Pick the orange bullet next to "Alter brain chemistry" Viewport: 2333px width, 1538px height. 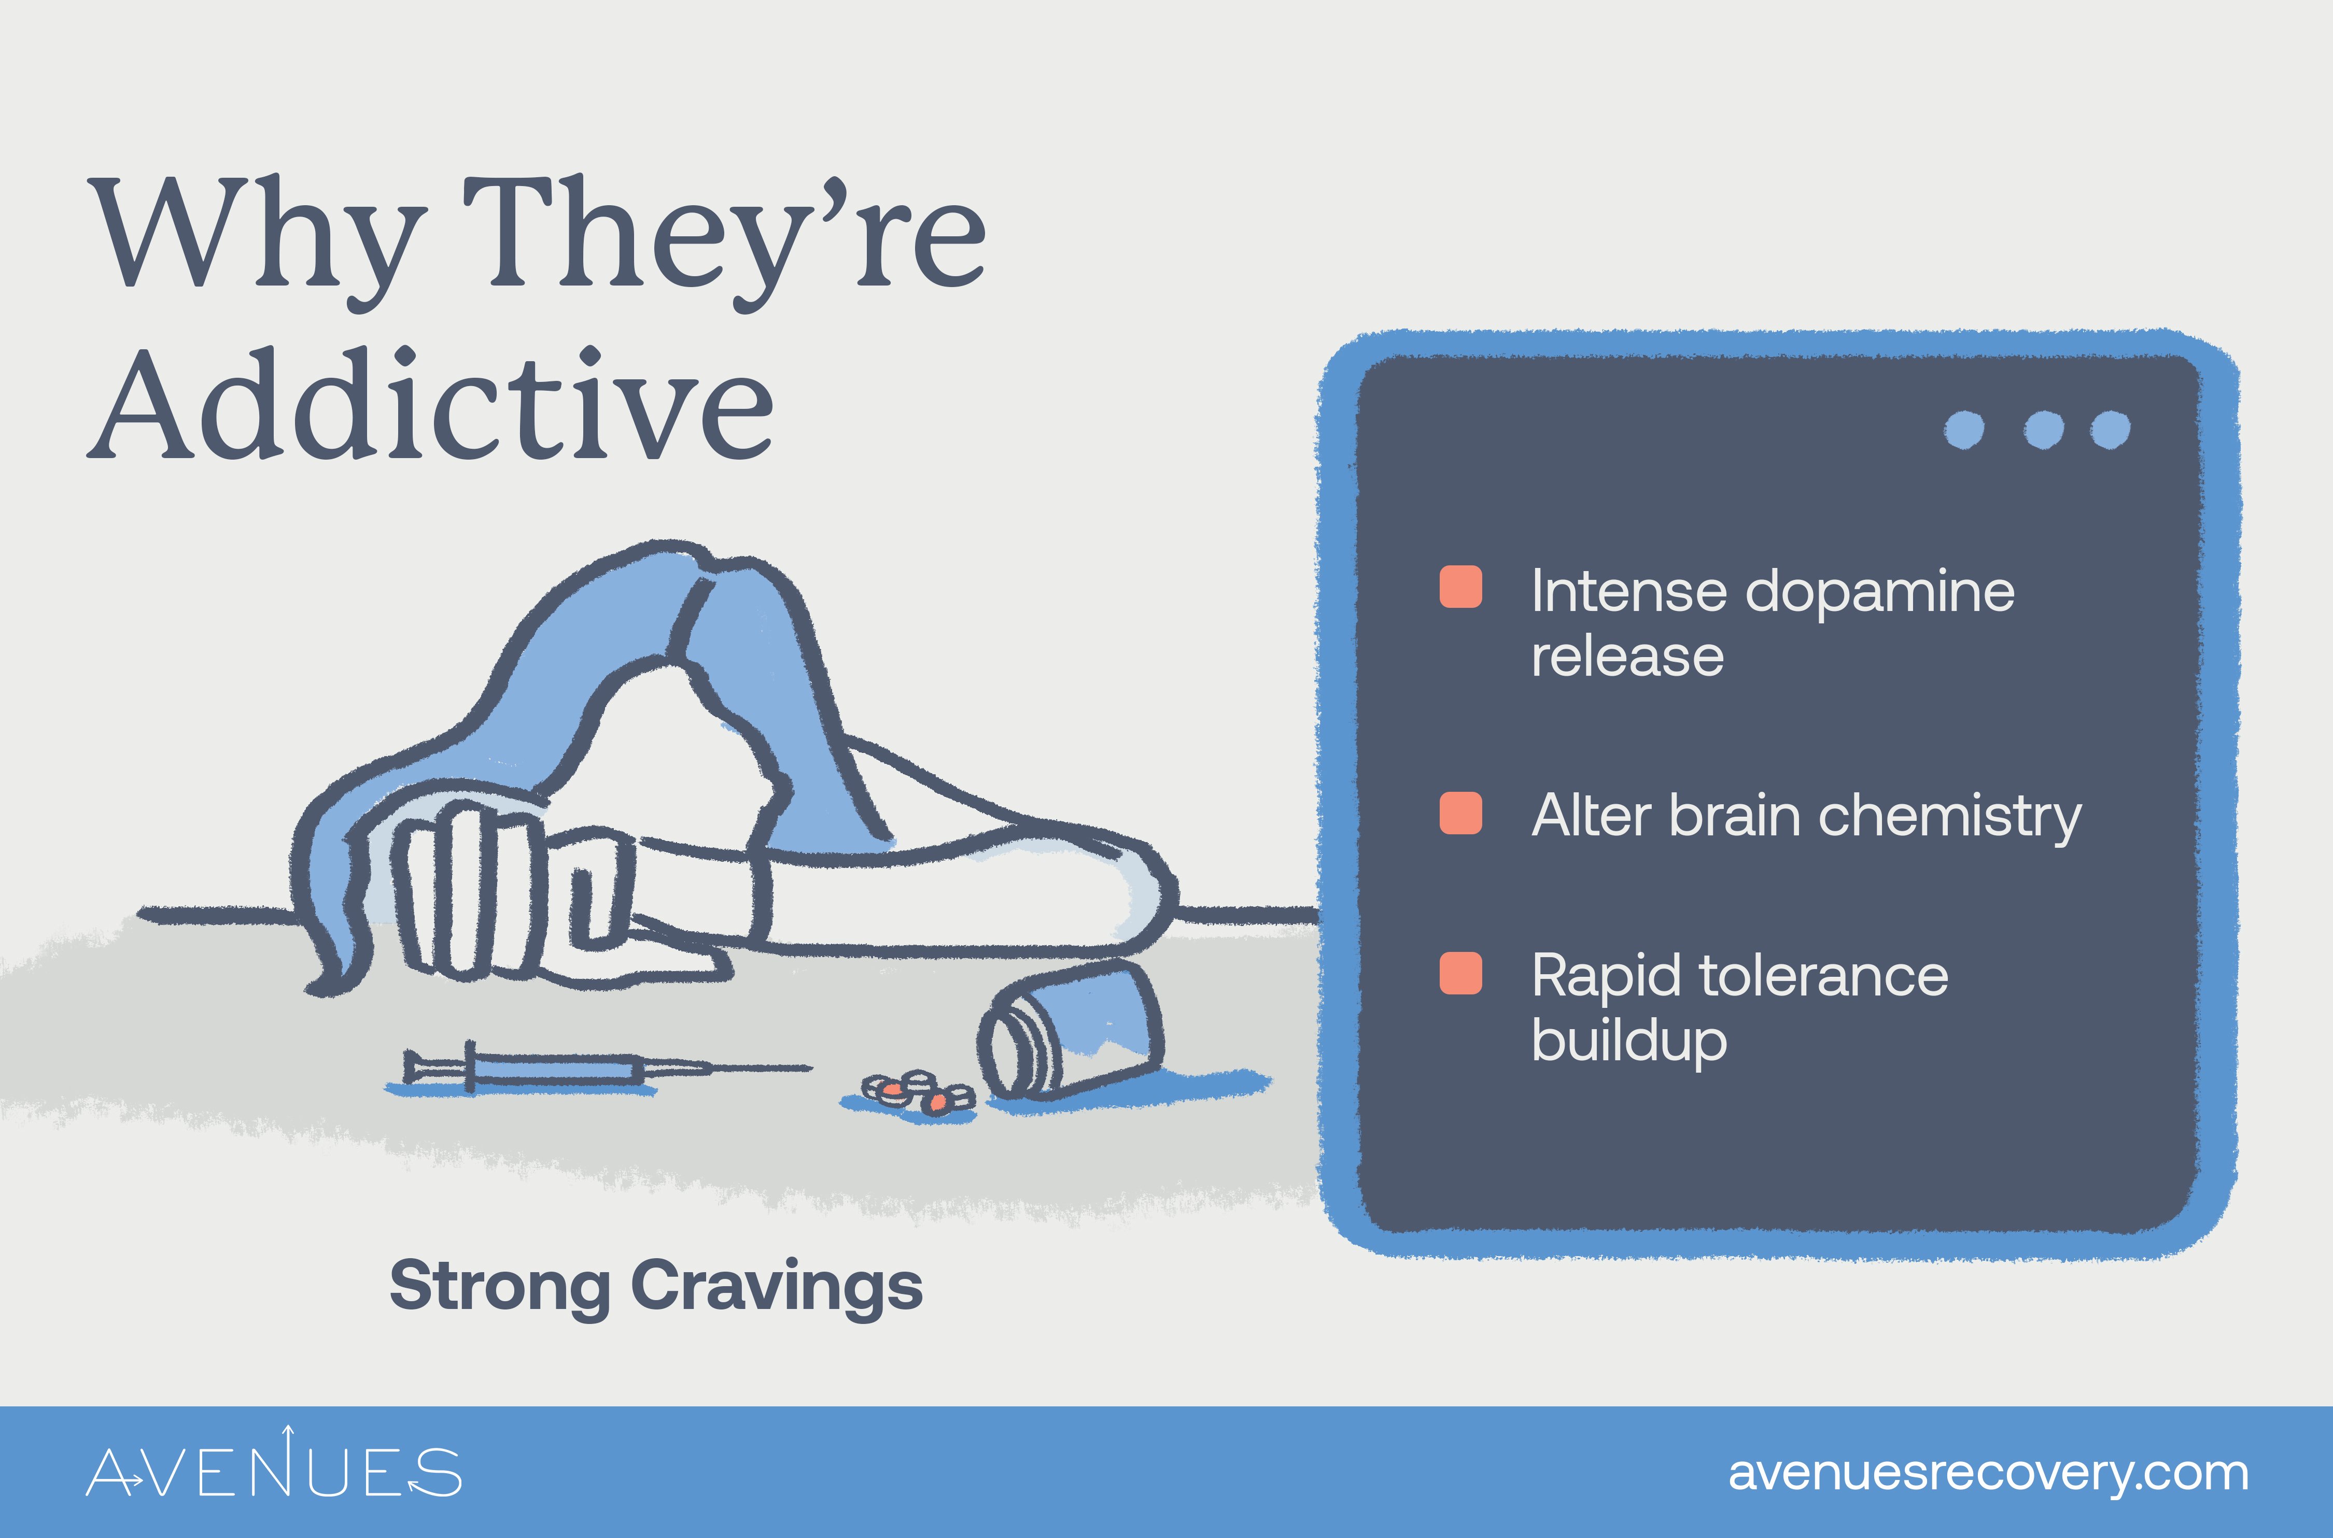click(1460, 813)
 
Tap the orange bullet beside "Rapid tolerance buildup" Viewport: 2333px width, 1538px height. click(1460, 973)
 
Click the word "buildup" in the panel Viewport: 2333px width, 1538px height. click(1628, 1041)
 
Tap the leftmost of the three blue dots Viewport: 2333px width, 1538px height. click(1964, 430)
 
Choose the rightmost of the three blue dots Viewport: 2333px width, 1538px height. click(2110, 430)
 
